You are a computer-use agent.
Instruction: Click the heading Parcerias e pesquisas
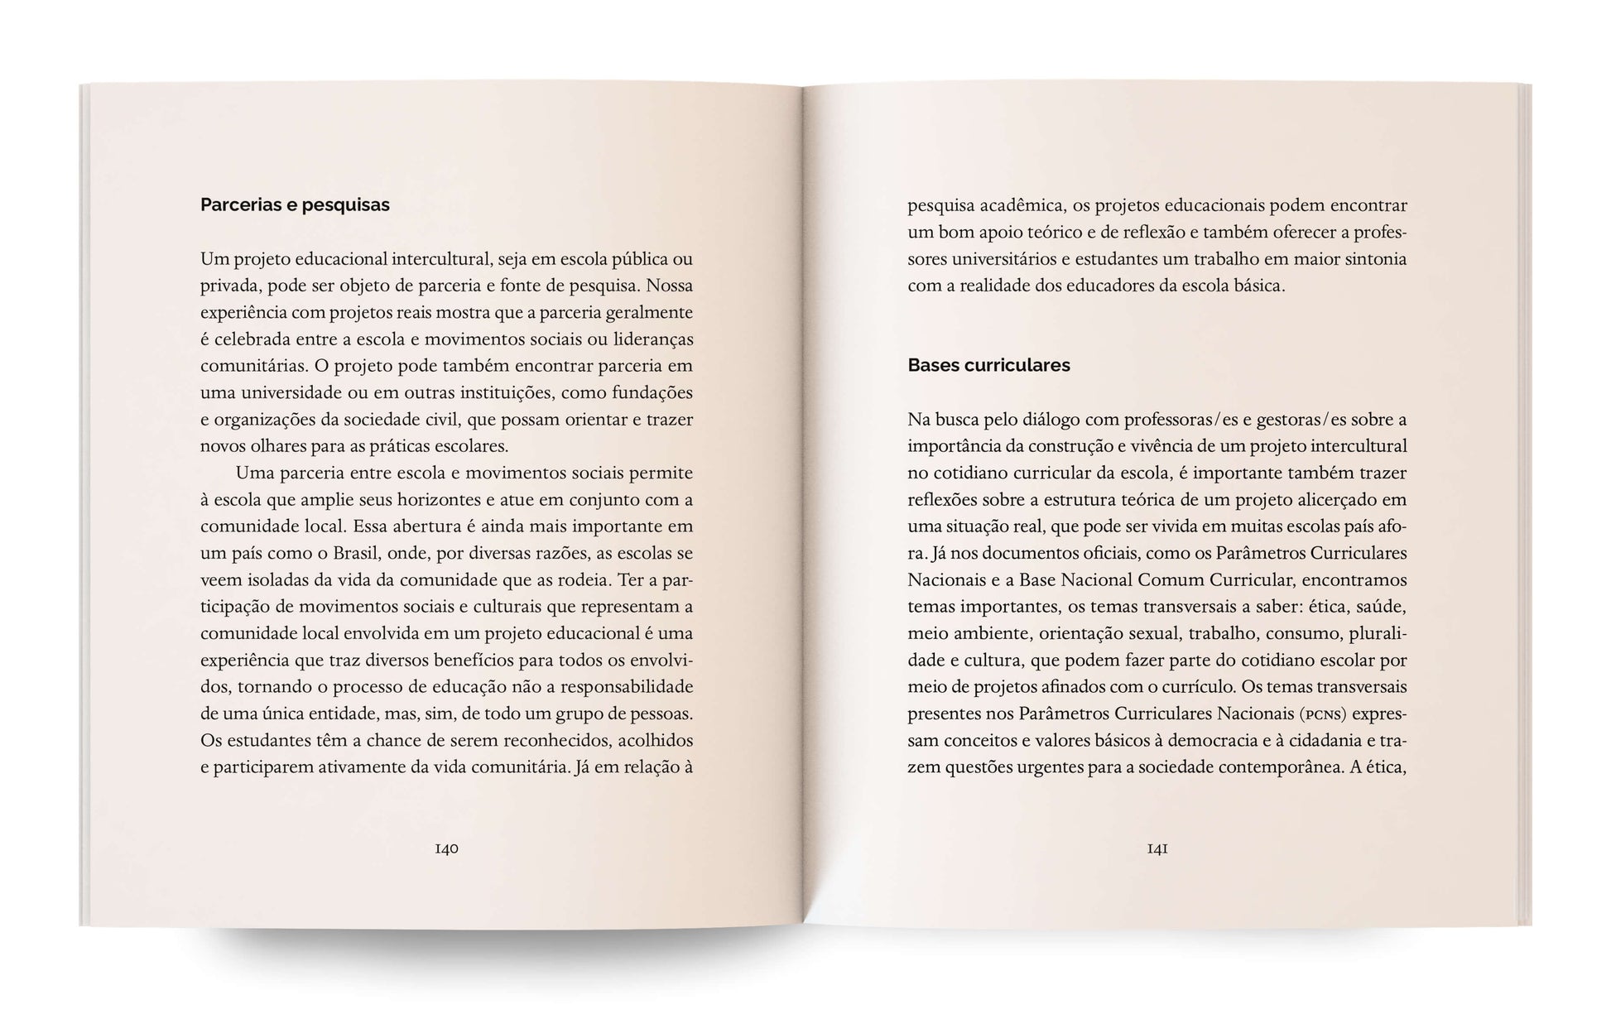(x=295, y=204)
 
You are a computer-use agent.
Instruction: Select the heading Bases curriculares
(x=988, y=365)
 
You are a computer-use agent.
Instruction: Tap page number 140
(x=446, y=848)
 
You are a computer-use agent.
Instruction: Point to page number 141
(x=1157, y=848)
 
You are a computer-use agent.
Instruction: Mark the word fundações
(x=650, y=392)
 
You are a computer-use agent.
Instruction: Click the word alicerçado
(x=1336, y=499)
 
